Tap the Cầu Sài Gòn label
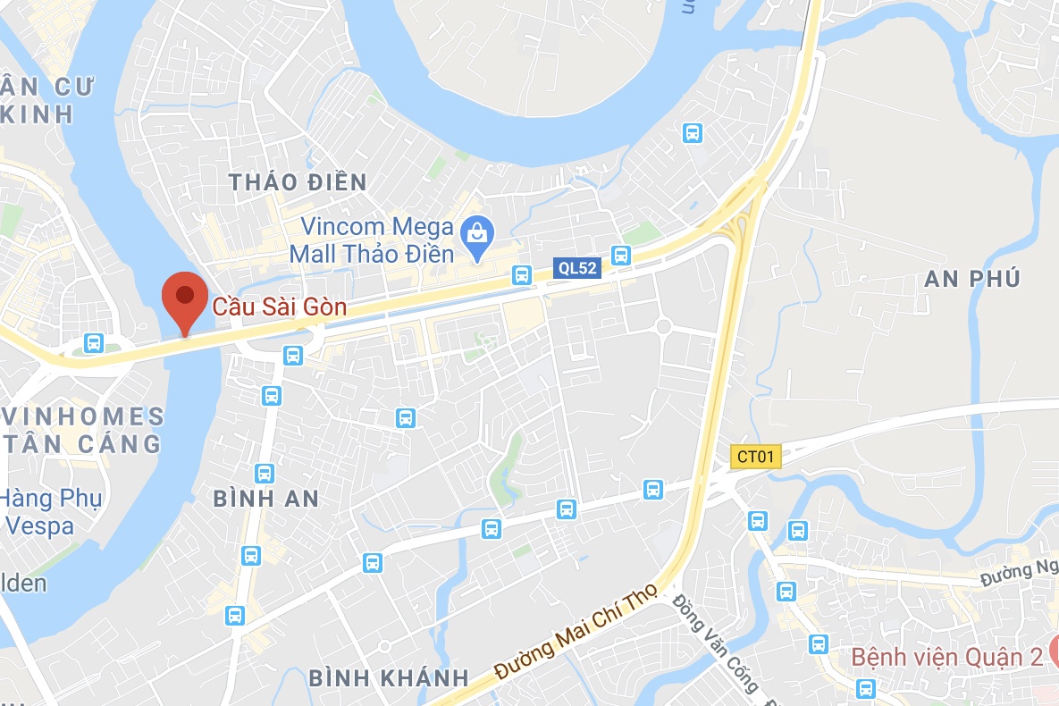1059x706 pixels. click(280, 308)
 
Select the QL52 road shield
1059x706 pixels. click(576, 267)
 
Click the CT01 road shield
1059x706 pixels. click(755, 457)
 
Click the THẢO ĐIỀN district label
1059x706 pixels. click(298, 183)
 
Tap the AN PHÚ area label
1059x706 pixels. click(972, 279)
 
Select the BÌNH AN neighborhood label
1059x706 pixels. click(266, 499)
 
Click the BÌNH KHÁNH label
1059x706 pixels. click(389, 677)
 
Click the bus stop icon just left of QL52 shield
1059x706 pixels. click(522, 273)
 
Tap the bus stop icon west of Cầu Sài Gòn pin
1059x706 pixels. click(92, 342)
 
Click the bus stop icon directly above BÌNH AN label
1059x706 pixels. click(264, 473)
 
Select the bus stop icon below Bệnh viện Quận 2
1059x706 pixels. click(865, 688)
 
